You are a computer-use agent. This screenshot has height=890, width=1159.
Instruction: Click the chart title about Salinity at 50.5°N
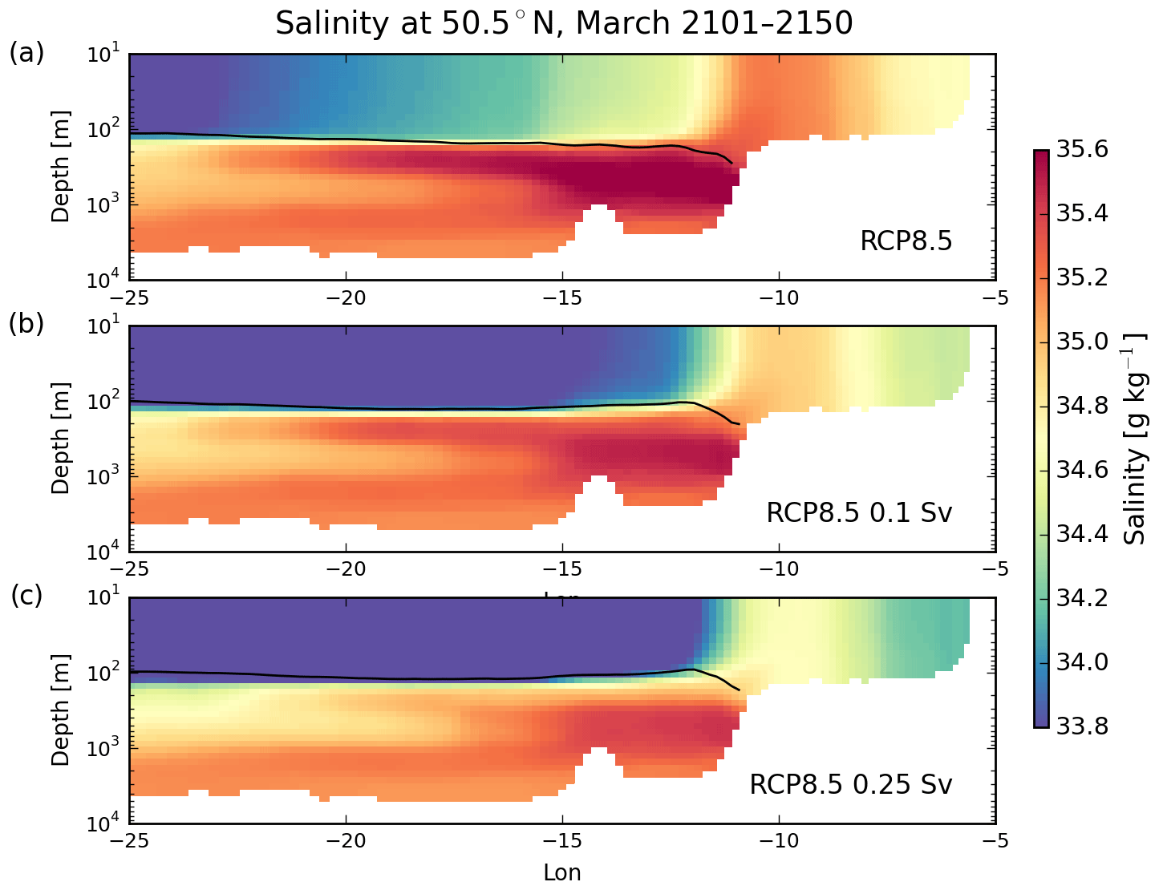coord(563,22)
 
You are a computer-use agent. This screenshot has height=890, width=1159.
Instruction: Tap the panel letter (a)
coord(26,53)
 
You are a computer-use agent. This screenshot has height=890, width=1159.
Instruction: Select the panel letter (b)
coord(26,323)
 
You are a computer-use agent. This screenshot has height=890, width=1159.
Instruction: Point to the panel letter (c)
coord(26,596)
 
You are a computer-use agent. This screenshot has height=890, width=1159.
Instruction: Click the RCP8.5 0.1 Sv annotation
coord(859,512)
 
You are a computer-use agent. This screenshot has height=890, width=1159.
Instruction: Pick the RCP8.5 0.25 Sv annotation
coord(850,784)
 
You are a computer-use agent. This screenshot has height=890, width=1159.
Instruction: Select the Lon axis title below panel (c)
coord(561,872)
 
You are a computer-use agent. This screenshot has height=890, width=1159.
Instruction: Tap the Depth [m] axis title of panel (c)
coord(61,711)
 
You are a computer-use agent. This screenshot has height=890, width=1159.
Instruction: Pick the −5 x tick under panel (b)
coord(995,570)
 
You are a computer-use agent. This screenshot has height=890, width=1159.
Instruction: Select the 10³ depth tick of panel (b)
coord(103,475)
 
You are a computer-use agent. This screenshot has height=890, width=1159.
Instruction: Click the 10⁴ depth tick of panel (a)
coord(103,279)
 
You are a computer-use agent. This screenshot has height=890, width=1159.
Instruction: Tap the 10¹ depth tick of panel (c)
coord(103,597)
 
